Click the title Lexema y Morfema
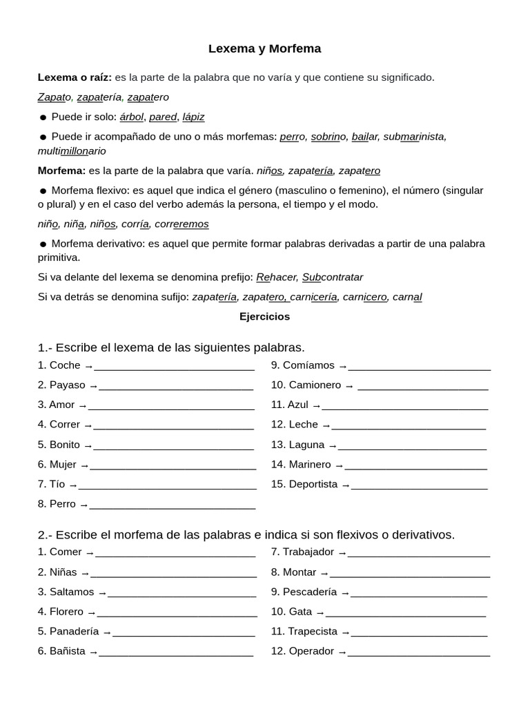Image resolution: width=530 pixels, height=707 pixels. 264,49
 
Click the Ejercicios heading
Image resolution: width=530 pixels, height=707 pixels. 264,317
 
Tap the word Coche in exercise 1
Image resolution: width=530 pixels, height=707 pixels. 65,365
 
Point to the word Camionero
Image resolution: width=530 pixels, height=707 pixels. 315,385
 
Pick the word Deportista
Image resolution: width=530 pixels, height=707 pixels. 313,485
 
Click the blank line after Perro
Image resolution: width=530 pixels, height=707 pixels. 173,505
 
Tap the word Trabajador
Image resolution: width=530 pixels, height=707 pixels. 308,552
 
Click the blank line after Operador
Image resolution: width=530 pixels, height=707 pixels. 419,652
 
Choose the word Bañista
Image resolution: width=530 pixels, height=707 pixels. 68,651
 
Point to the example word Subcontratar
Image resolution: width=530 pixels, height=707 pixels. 333,277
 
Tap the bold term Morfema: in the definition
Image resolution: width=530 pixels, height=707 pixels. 62,170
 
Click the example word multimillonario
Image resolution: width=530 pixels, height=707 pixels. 72,151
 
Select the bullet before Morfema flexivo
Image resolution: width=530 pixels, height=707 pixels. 43,191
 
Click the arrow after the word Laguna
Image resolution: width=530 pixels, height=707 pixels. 332,446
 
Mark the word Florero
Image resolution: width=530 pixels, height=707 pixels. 66,612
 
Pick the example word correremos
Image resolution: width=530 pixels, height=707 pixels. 181,224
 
